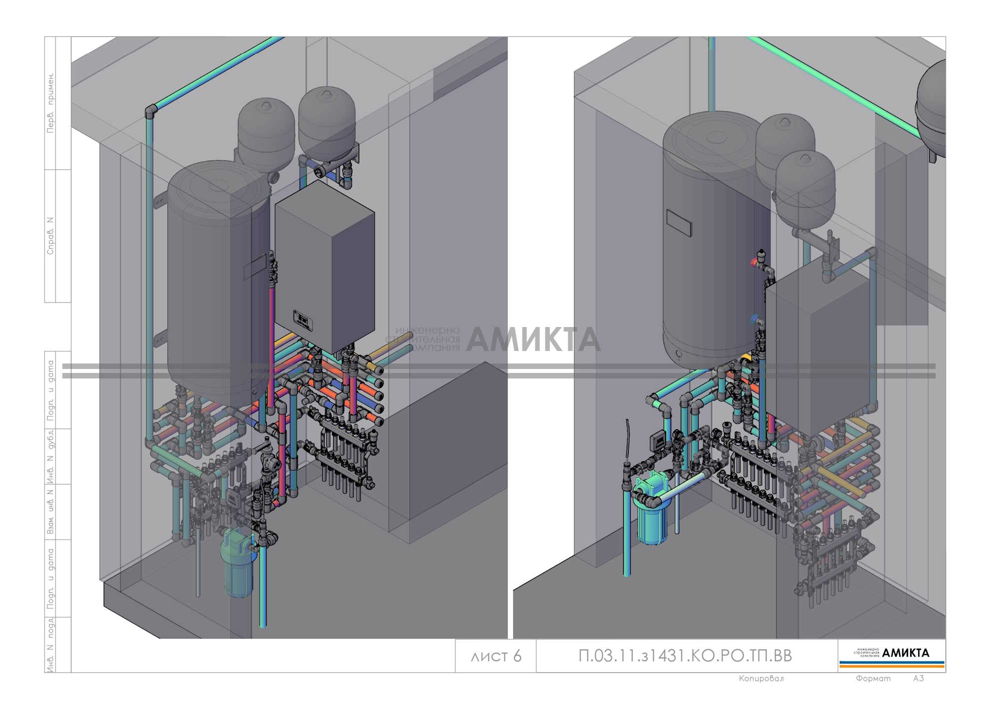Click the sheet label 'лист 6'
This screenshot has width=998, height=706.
496,656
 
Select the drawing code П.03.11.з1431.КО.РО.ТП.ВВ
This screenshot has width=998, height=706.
685,656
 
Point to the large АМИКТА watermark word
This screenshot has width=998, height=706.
533,340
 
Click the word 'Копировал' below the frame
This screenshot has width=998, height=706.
761,679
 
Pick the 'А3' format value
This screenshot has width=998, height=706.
918,679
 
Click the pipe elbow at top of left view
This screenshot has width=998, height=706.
151,111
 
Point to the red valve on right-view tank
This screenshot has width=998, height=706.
754,262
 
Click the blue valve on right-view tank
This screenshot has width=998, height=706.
754,318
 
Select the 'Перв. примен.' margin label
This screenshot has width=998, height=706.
50,103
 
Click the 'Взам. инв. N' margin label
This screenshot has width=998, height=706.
50,512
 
